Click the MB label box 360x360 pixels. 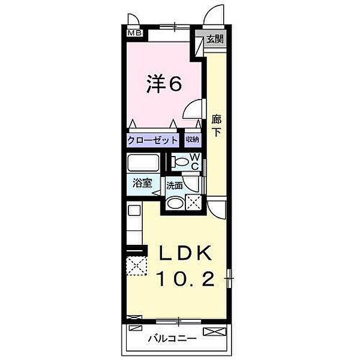[x=135, y=34]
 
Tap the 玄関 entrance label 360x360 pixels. [x=215, y=40]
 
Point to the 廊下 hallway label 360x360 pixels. [x=217, y=125]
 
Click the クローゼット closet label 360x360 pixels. [x=153, y=140]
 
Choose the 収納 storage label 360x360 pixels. [x=192, y=140]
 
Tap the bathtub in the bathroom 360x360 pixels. [x=143, y=163]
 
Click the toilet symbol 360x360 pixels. [x=179, y=161]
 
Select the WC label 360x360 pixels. [x=195, y=160]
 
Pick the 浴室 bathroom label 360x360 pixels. [x=142, y=184]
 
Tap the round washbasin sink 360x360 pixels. [x=175, y=203]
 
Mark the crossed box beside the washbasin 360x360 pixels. [x=193, y=203]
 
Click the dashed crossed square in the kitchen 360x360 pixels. [x=137, y=265]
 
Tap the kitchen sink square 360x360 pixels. [x=134, y=211]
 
